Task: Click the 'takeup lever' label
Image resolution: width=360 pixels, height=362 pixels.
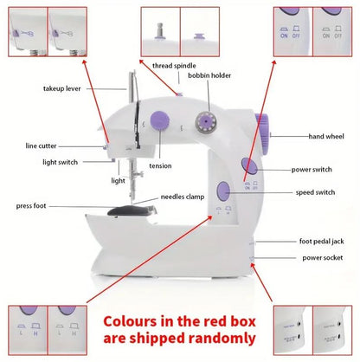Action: (62, 88)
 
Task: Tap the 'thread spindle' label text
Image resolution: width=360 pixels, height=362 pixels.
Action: (174, 66)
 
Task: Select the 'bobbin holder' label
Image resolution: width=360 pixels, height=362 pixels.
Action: (209, 75)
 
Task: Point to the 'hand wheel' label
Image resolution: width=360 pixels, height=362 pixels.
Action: (326, 136)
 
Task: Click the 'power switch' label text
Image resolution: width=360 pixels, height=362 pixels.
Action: (312, 170)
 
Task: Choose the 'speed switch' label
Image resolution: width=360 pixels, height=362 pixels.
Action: (315, 192)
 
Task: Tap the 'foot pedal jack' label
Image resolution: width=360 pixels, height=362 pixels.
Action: (321, 242)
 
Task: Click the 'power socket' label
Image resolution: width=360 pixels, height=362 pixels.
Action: (323, 258)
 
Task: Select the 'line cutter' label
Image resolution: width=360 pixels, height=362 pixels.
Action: (41, 145)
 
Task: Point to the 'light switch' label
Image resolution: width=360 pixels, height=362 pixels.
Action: (60, 162)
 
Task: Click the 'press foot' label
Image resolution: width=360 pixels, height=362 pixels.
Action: (31, 206)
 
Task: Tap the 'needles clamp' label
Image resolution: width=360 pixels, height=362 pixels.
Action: (183, 197)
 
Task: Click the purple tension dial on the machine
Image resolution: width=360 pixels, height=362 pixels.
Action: (159, 121)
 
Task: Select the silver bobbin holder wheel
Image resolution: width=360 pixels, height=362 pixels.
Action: (205, 122)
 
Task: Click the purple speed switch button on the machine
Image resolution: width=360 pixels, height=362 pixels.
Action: (223, 191)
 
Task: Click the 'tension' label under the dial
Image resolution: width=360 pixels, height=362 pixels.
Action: (160, 166)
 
